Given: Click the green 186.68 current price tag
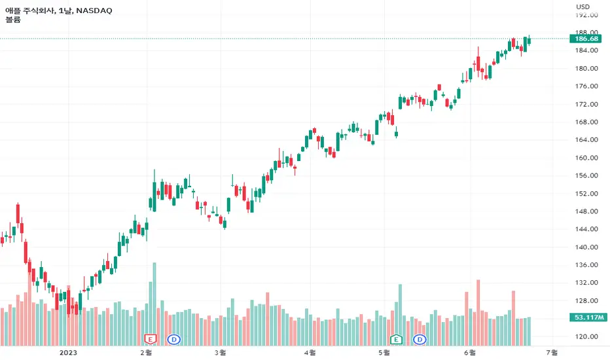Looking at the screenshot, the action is pos(586,39).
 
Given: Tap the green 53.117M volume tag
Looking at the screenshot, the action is pos(588,317).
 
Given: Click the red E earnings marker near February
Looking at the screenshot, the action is pos(150,339).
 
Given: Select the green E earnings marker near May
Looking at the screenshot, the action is pos(396,339).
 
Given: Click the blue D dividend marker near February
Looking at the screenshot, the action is pos(174,339).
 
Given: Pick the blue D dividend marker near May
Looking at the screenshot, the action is pos(420,339).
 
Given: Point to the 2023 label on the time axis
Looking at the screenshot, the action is pos(68,353).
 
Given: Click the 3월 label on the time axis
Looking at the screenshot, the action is pos(220,353).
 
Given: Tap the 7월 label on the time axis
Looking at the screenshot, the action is pos(552,353).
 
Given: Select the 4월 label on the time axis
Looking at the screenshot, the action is pos(310,353).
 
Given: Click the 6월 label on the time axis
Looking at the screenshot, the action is pos(469,353).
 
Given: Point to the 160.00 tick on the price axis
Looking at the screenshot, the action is pos(586,158).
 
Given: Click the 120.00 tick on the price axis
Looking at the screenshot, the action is pos(586,336).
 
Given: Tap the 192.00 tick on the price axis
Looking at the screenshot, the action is pos(586,15).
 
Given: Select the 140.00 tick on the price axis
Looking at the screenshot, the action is pos(586,247).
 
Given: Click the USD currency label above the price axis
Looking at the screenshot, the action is pos(583,7).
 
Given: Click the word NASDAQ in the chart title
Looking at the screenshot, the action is pos(94,10).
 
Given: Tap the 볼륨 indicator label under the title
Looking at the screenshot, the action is pos(13,20).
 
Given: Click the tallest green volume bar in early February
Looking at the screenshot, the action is pos(154,304).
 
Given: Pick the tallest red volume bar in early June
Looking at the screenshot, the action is pos(478,312).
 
